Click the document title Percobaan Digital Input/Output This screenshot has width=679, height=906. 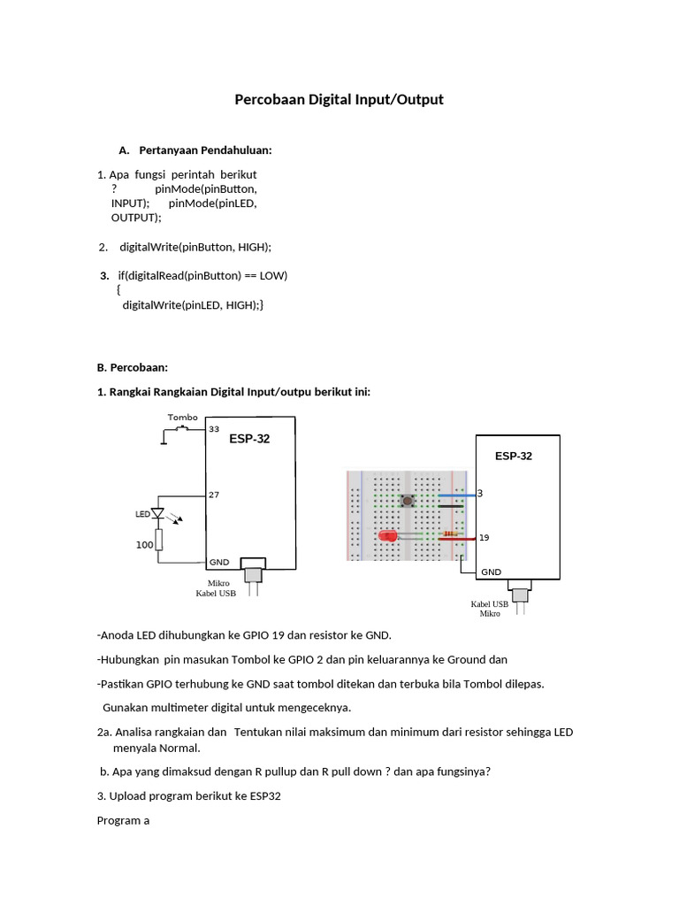pyautogui.click(x=339, y=100)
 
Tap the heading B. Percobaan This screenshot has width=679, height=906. pyautogui.click(x=132, y=367)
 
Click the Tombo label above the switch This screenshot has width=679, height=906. pyautogui.click(x=182, y=417)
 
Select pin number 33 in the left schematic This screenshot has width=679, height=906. pyautogui.click(x=213, y=429)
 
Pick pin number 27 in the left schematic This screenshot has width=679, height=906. pyautogui.click(x=213, y=495)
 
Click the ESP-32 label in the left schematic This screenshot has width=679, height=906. pyautogui.click(x=249, y=439)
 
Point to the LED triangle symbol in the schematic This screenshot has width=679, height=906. pyautogui.click(x=158, y=513)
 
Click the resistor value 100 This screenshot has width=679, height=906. pyautogui.click(x=144, y=545)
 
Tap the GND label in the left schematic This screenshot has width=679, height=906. pyautogui.click(x=219, y=562)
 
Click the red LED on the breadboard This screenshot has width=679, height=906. pyautogui.click(x=387, y=537)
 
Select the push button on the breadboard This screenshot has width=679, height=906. pyautogui.click(x=408, y=502)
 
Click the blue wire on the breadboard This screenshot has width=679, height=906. pyautogui.click(x=455, y=493)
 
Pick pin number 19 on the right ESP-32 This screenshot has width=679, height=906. pyautogui.click(x=484, y=537)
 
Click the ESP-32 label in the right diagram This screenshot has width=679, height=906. pyautogui.click(x=514, y=457)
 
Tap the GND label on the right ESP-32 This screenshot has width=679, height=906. pyautogui.click(x=491, y=572)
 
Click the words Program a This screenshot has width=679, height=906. pyautogui.click(x=123, y=820)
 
